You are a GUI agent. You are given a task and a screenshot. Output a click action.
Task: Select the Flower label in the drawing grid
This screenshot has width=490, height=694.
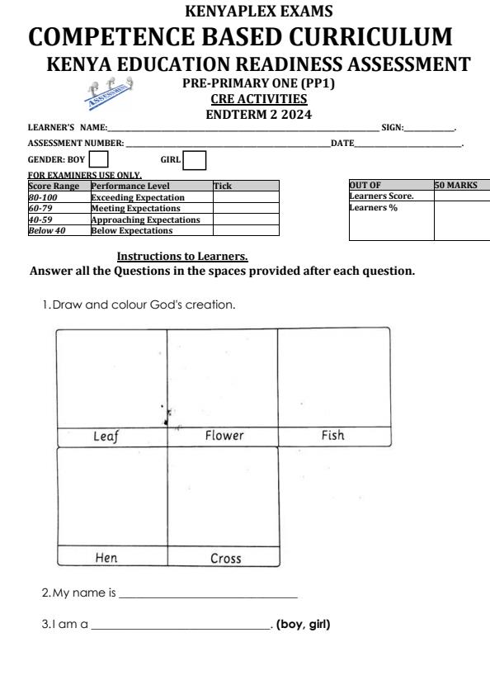point(224,436)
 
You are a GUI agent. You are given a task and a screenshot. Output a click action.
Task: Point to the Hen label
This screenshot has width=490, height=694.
point(106,558)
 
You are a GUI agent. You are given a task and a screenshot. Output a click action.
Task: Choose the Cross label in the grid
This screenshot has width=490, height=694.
point(225,559)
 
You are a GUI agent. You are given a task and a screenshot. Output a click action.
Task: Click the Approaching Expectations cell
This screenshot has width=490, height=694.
point(145,220)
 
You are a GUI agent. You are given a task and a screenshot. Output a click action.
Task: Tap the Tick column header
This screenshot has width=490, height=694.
point(223,187)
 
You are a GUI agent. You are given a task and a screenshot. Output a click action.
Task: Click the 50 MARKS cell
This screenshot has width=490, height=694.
point(456,186)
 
